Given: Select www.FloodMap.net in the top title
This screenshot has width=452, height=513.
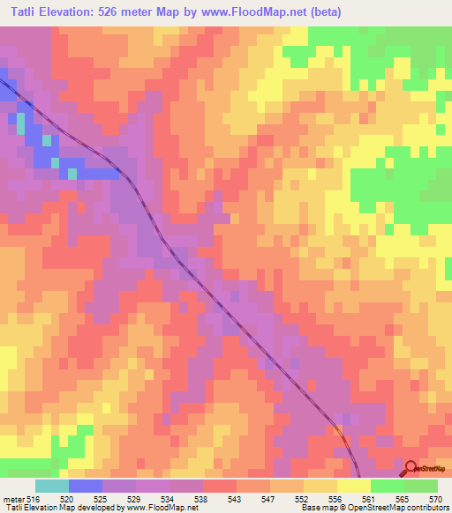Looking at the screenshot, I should click(x=249, y=11).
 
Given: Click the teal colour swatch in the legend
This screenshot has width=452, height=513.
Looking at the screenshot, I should click(x=52, y=486).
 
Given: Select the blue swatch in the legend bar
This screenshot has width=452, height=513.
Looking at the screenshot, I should click(x=86, y=486).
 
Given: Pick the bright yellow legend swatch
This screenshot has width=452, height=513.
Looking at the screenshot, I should click(x=354, y=486).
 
